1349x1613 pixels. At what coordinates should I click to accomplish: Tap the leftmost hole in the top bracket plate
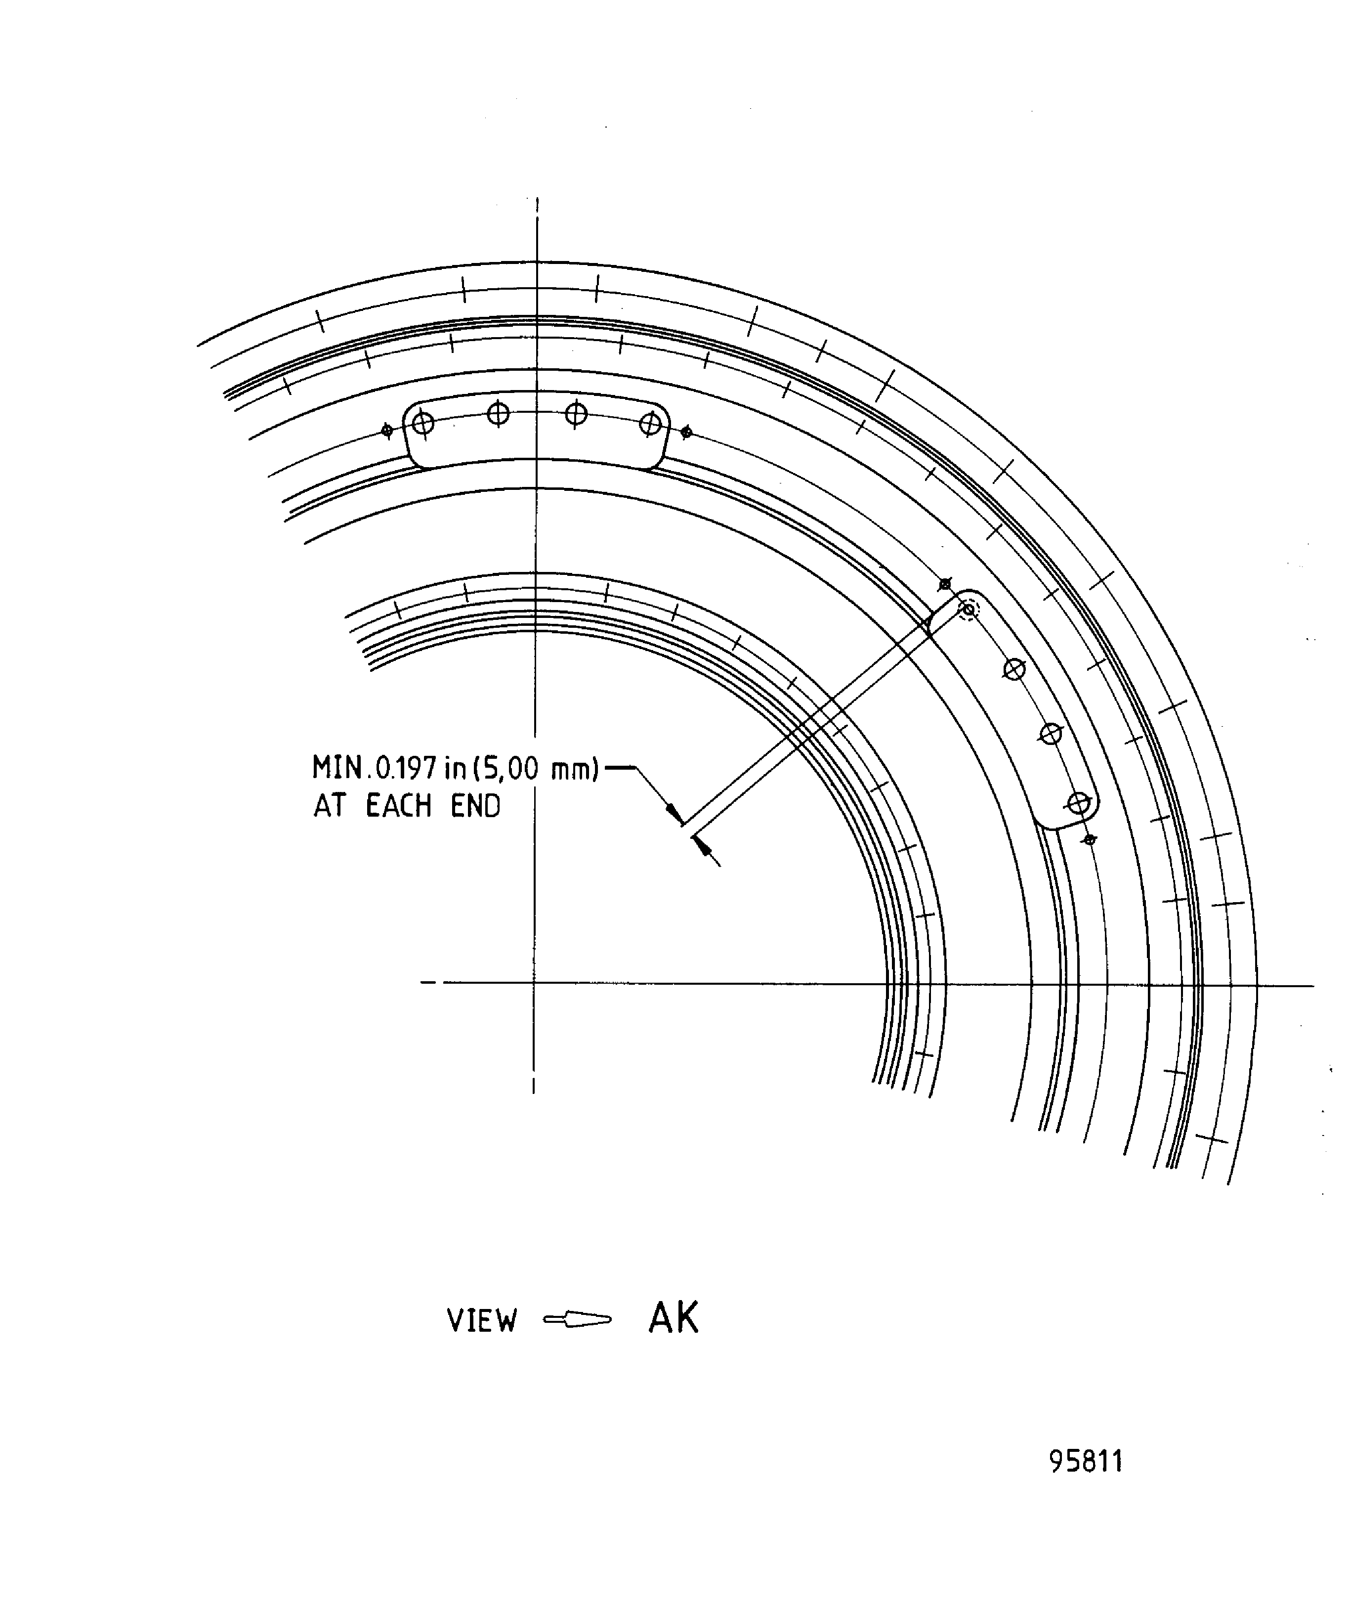(423, 423)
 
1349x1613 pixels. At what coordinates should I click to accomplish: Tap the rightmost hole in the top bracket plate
(650, 423)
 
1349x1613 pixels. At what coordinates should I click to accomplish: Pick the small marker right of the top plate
(686, 433)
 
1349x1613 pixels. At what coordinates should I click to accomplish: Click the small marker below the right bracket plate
(1089, 839)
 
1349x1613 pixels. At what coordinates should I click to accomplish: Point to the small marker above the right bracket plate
(945, 584)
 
